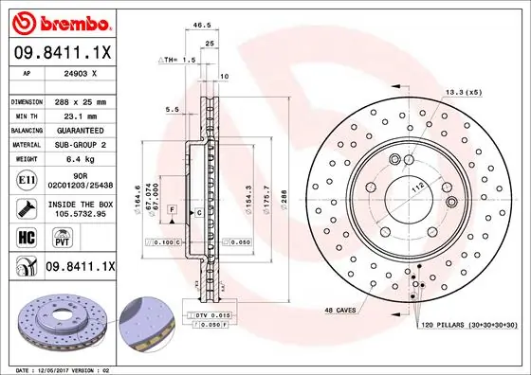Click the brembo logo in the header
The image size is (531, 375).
coord(62,21)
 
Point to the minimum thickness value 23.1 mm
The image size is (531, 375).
coord(76,116)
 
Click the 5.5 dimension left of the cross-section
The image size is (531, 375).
coord(172,110)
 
